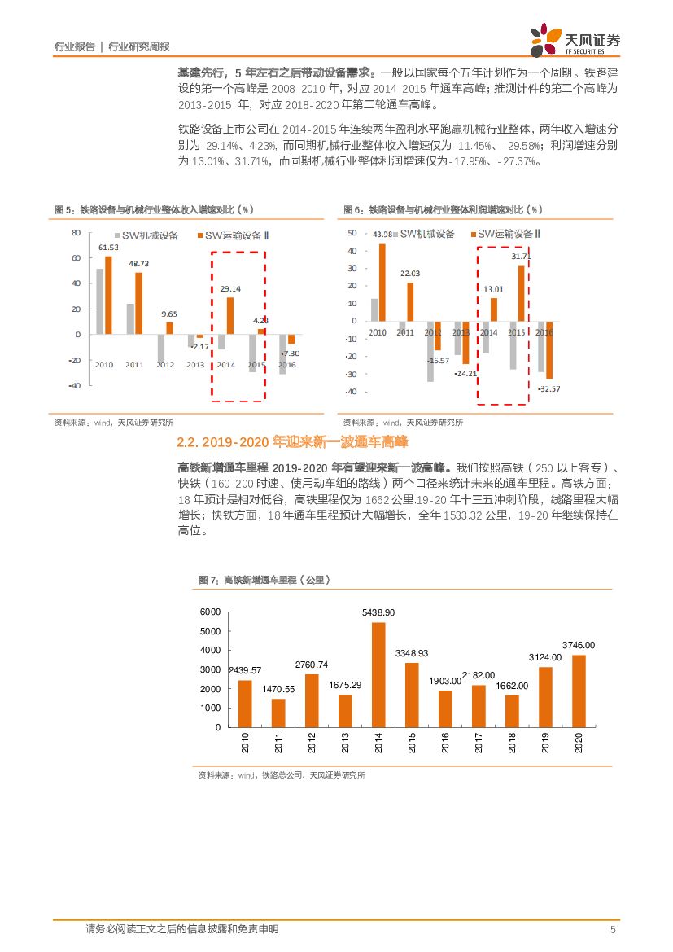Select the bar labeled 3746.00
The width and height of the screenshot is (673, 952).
pyautogui.click(x=579, y=691)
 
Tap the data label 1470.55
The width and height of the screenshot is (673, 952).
pyautogui.click(x=278, y=689)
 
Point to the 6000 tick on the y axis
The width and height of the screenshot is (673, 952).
pyautogui.click(x=210, y=612)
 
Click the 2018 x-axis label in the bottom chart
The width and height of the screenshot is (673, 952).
pyautogui.click(x=511, y=742)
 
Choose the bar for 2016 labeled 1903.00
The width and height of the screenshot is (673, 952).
pyautogui.click(x=444, y=709)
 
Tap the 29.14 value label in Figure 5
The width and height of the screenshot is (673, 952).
pyautogui.click(x=230, y=288)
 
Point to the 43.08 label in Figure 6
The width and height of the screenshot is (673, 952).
pyautogui.click(x=382, y=235)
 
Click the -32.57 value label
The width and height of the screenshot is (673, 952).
pyautogui.click(x=548, y=388)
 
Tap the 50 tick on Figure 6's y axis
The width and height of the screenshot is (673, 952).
pyautogui.click(x=352, y=233)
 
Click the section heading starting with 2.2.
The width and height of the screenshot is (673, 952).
pyautogui.click(x=291, y=442)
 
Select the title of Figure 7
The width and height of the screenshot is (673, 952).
pyautogui.click(x=264, y=580)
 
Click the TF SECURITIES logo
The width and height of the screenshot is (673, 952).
pyautogui.click(x=575, y=41)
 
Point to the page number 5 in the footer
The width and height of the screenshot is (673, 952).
pyautogui.click(x=613, y=929)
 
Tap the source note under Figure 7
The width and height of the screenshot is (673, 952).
pyautogui.click(x=282, y=775)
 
